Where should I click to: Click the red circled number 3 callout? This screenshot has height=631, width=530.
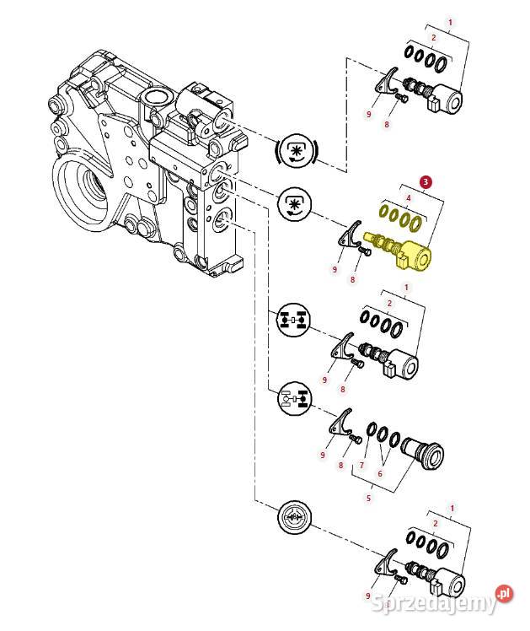click(x=426, y=181)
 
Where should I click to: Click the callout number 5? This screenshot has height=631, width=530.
click(x=367, y=499)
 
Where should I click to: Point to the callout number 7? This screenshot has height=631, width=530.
click(x=361, y=465)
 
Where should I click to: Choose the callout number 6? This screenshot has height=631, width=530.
click(x=379, y=474)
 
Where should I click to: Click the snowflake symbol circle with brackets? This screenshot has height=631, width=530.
click(x=296, y=151)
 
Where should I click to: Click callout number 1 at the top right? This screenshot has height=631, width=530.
click(x=450, y=23)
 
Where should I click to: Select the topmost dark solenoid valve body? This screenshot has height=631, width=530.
click(x=443, y=100)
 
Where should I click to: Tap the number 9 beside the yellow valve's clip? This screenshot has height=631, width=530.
click(x=335, y=269)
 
